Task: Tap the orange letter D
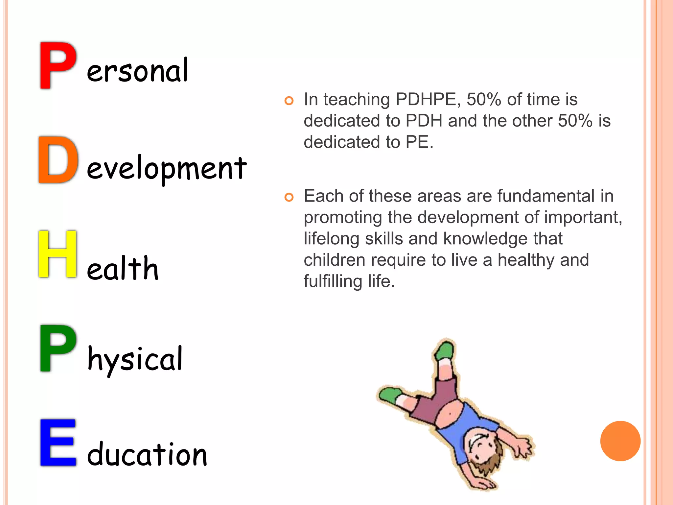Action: pos(58,160)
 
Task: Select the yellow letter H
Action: pos(58,254)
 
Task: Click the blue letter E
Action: pos(58,443)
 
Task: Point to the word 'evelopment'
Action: pos(166,168)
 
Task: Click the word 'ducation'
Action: pos(147,454)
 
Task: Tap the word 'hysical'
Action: pos(135,360)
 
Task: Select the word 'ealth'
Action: pos(123,268)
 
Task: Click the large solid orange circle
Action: pos(620,441)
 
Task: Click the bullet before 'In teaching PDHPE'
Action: pos(289,101)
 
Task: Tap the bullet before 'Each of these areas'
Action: pos(289,197)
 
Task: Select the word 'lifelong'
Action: pos(332,239)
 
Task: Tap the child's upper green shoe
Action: pos(445,350)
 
